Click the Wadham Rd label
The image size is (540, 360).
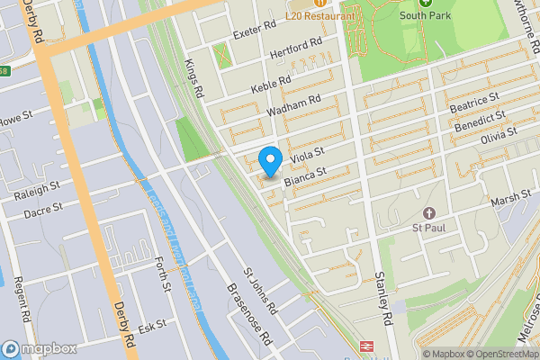(294, 106)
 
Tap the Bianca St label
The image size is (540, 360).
(303, 177)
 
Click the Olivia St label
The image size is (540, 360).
(499, 137)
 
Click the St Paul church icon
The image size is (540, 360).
(429, 213)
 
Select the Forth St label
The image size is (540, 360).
(162, 274)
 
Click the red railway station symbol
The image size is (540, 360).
(367, 346)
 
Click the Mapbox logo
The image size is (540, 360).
(39, 348)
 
